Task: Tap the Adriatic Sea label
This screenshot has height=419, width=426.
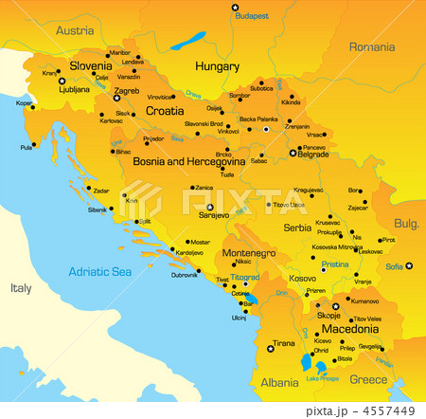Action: click(99, 271)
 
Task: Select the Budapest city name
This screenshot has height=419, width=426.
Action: click(252, 16)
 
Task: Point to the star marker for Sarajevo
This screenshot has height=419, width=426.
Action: click(209, 206)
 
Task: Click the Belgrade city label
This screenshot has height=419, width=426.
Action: click(312, 155)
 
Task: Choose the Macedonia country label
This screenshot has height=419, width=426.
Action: click(352, 329)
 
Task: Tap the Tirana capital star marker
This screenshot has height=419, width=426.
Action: click(271, 350)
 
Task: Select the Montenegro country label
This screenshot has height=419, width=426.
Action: click(248, 254)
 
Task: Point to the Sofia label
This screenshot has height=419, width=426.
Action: click(394, 266)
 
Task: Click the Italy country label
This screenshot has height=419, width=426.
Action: click(21, 287)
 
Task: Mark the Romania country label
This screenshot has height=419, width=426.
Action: click(371, 46)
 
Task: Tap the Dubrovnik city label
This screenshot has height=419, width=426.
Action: click(184, 275)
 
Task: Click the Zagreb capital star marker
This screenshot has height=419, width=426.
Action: click(116, 98)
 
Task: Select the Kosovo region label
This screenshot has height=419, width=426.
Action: click(302, 279)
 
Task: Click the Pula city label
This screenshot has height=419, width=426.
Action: click(26, 147)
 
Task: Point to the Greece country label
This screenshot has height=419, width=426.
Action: click(368, 380)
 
